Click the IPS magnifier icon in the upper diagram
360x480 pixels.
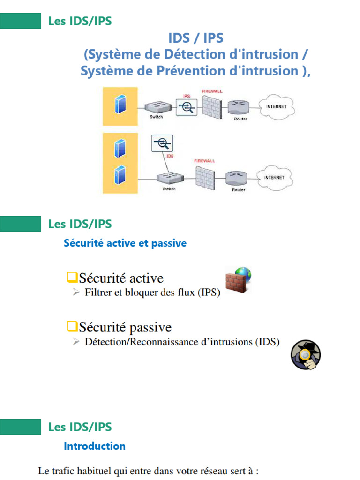[186, 107]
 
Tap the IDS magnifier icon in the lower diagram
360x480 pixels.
[162, 143]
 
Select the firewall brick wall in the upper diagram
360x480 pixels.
[211, 105]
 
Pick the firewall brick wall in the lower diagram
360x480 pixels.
[204, 178]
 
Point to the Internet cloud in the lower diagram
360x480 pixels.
[274, 178]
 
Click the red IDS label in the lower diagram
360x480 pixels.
[171, 156]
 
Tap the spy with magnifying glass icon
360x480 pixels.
[305, 355]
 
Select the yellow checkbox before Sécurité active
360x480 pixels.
[71, 278]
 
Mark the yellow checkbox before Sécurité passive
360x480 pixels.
[71, 326]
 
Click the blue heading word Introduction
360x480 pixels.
[94, 446]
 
